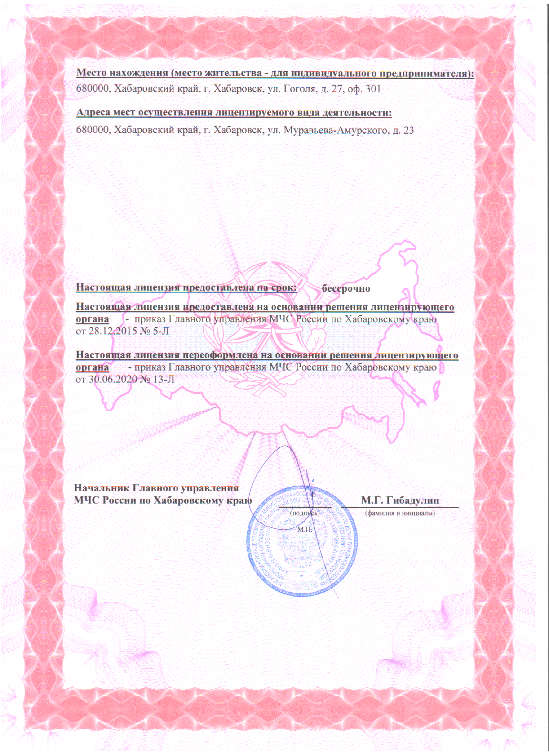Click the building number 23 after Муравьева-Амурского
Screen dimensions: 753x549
408,130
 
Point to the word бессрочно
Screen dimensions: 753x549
346,288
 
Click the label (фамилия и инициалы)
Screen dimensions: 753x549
400,513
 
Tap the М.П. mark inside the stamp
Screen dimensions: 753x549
305,529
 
